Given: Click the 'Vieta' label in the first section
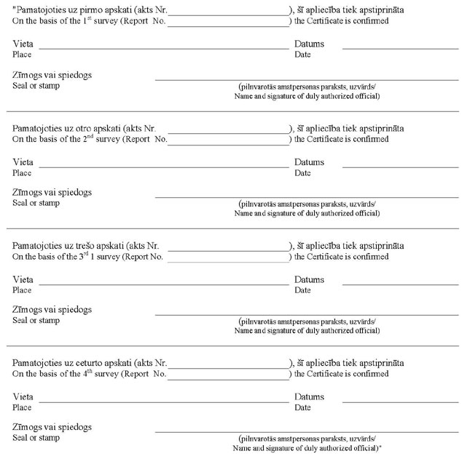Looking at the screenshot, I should pyautogui.click(x=23, y=44).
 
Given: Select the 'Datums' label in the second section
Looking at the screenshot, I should pyautogui.click(x=309, y=161).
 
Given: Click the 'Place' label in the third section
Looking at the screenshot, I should pyautogui.click(x=23, y=290).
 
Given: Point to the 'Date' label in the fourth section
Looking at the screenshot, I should pyautogui.click(x=302, y=407).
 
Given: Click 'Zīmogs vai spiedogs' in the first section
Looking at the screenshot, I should pyautogui.click(x=52, y=75).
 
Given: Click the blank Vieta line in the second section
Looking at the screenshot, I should pyautogui.click(x=163, y=167).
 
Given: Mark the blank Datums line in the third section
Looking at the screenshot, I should pyautogui.click(x=400, y=284).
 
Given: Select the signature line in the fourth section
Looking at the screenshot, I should pyautogui.click(x=306, y=431).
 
